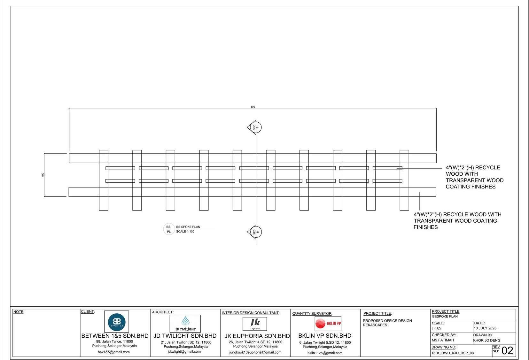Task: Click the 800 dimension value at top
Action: point(253,107)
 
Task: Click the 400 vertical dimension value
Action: point(43,175)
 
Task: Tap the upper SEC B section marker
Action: point(255,127)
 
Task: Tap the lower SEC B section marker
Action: point(255,232)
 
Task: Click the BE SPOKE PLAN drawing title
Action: point(188,227)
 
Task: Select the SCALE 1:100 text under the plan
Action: point(185,232)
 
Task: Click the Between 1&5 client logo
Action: point(117,322)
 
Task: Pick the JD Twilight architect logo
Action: point(185,324)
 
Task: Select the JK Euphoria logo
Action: point(255,324)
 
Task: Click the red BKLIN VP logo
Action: point(328,324)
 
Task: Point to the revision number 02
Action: point(507,351)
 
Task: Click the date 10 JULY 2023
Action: point(485,328)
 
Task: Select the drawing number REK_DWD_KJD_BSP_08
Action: point(453,353)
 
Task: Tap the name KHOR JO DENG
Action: point(487,341)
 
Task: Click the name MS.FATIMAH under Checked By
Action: point(443,340)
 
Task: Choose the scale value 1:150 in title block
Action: point(436,329)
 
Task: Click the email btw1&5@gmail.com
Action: point(113,352)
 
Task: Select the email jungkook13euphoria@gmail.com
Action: point(255,352)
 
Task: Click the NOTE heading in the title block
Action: point(19,312)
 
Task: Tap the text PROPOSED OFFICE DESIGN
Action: point(387,321)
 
